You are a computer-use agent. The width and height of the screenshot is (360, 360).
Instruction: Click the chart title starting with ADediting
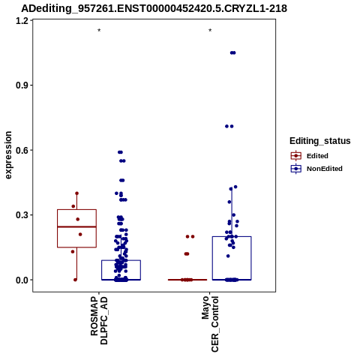click(154, 9)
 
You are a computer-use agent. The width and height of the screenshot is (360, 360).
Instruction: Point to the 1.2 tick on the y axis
click(21, 21)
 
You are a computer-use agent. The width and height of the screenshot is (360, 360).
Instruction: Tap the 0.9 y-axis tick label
click(21, 85)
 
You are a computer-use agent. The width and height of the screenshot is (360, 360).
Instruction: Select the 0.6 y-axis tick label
click(21, 150)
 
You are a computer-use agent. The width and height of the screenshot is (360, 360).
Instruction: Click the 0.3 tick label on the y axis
click(21, 215)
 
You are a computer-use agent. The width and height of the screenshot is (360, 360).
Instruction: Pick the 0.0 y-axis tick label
click(21, 280)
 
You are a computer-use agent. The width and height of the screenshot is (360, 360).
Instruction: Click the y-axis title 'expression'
click(8, 155)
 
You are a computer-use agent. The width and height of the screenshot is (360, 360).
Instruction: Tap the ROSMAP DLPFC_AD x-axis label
click(99, 320)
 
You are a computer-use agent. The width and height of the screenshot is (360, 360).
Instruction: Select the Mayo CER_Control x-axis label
click(210, 324)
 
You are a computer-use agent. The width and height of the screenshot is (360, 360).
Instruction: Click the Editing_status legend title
click(320, 141)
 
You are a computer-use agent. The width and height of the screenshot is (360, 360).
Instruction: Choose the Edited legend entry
click(310, 156)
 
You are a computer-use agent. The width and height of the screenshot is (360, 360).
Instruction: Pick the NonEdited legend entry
click(316, 169)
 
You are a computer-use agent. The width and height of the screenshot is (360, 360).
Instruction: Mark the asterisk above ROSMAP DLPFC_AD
click(99, 31)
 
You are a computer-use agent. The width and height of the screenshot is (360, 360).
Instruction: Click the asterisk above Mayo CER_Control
click(210, 31)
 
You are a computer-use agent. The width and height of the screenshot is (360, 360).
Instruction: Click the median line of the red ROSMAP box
click(76, 226)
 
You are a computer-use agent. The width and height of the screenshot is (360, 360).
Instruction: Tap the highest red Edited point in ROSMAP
click(76, 193)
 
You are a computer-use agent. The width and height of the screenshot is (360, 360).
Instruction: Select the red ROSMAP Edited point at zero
click(75, 280)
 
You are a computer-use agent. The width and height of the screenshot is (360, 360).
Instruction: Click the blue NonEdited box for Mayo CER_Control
click(232, 237)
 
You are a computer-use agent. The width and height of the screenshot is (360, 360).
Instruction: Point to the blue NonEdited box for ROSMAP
click(121, 260)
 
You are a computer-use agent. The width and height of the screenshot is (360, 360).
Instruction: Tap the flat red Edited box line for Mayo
click(187, 280)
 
